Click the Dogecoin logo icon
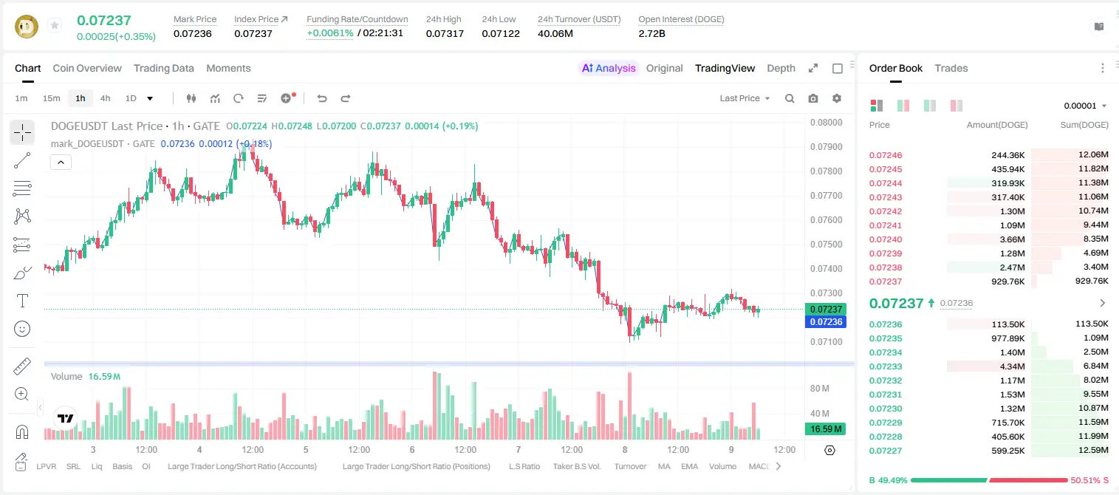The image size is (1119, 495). click(x=27, y=27)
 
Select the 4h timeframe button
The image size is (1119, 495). click(x=105, y=98)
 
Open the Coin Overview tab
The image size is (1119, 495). click(x=87, y=69)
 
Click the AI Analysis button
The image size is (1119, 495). click(x=609, y=69)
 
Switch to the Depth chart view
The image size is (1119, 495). click(x=781, y=69)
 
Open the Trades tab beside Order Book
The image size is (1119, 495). click(x=951, y=69)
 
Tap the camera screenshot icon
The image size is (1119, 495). click(x=813, y=98)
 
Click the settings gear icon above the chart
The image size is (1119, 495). click(x=837, y=98)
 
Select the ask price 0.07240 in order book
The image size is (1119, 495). click(x=886, y=239)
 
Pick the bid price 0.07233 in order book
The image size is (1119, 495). click(x=886, y=366)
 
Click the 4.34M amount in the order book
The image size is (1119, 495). click(x=1012, y=366)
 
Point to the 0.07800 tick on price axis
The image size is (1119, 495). click(x=827, y=171)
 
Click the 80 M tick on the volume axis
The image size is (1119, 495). click(x=820, y=389)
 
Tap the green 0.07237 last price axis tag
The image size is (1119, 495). click(x=825, y=309)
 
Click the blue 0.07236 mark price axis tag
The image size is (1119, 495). click(x=825, y=322)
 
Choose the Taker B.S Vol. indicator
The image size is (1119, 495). click(x=576, y=466)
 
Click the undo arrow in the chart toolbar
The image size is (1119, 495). click(x=322, y=98)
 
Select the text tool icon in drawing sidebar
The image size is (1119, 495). click(x=22, y=301)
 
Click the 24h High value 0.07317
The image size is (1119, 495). click(x=445, y=33)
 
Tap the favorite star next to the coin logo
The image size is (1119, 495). click(x=55, y=25)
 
